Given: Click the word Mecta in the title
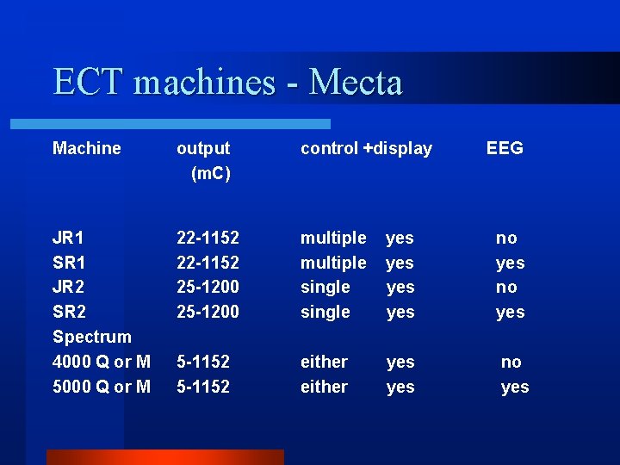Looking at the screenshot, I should (x=355, y=83).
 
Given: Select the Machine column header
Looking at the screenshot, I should (x=86, y=148).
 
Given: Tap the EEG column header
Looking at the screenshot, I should (x=505, y=148).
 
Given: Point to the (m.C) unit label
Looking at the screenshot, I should (x=210, y=173).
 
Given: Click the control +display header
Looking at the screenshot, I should (x=366, y=148).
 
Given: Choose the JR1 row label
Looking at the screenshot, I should (x=68, y=238).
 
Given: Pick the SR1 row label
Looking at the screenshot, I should (x=68, y=263).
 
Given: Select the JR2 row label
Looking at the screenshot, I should (x=68, y=287).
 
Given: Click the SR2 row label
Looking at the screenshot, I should (x=68, y=312).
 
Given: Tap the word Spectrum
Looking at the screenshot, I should (x=91, y=337).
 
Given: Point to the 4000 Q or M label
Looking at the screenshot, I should (x=101, y=362).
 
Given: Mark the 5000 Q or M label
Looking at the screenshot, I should (x=101, y=387).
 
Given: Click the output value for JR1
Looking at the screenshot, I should (x=208, y=238).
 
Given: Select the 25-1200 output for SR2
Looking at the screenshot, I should (x=208, y=312).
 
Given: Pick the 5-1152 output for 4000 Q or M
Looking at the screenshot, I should (x=202, y=362).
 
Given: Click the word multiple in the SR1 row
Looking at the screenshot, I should (x=332, y=263).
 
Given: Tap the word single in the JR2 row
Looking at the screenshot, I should (x=325, y=287).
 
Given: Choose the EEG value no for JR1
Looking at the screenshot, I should (x=506, y=238).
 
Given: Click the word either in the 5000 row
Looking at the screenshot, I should (x=324, y=387).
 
